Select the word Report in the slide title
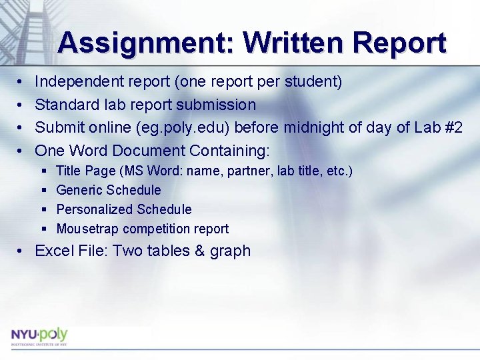399,43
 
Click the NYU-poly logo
39,335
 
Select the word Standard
65,105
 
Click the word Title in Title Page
68,171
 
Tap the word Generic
79,190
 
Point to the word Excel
53,251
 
